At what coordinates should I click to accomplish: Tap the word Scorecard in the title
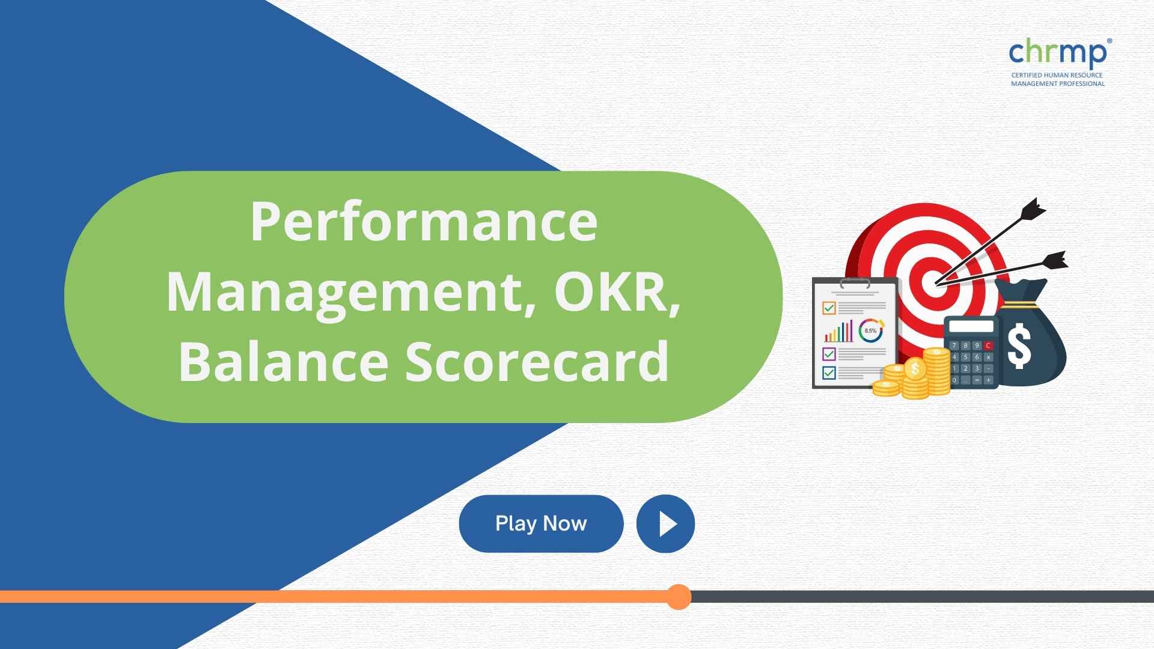point(537,361)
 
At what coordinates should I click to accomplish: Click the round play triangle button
point(665,523)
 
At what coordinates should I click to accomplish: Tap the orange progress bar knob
point(679,597)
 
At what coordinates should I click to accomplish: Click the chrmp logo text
point(1058,52)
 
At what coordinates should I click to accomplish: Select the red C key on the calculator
point(988,346)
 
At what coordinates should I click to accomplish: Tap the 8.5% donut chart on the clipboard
point(871,331)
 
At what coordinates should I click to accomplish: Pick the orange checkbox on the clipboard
point(829,308)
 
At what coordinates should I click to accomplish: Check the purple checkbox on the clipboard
point(829,353)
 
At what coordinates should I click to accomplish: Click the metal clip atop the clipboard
point(855,282)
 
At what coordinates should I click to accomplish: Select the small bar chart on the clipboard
point(839,331)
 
